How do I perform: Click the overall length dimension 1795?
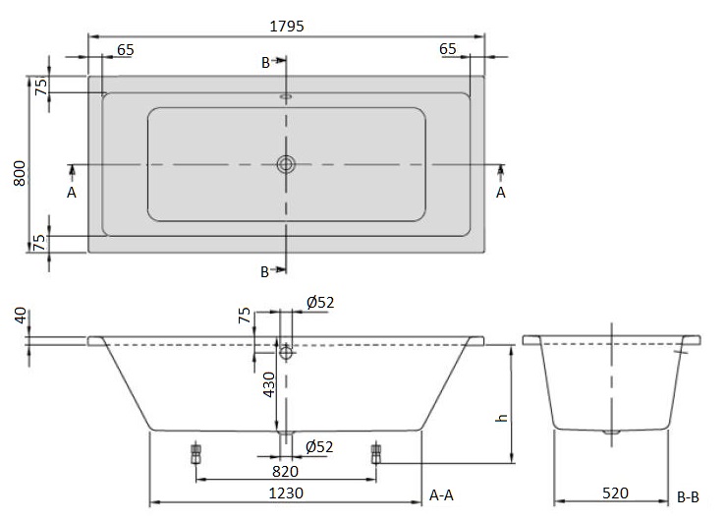coord(286,27)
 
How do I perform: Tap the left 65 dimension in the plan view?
coord(126,49)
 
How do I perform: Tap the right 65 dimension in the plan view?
coord(448,49)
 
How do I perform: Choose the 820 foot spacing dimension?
coord(286,470)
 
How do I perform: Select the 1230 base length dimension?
coord(286,494)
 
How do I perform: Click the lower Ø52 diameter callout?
coord(319,447)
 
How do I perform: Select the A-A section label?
coord(442,496)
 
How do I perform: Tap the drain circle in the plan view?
coord(286,164)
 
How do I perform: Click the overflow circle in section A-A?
coord(286,351)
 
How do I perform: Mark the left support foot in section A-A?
coord(195,453)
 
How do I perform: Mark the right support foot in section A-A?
coord(375,453)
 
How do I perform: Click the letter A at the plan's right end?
coord(501,193)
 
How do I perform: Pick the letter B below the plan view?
coord(265,270)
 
